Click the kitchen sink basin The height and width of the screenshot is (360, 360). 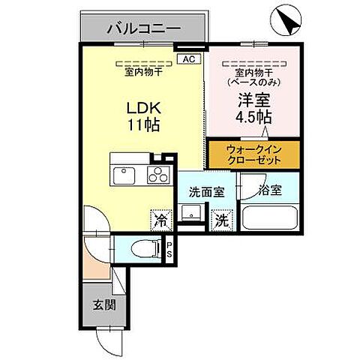(x=124, y=176)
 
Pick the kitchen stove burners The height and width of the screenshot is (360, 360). (x=158, y=177)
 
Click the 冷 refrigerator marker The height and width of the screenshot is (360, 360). (x=160, y=220)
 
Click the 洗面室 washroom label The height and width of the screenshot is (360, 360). (x=206, y=191)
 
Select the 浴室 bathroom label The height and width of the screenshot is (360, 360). (x=270, y=190)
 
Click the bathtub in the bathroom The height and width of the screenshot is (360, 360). (x=271, y=218)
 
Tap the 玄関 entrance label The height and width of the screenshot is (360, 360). (x=103, y=304)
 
